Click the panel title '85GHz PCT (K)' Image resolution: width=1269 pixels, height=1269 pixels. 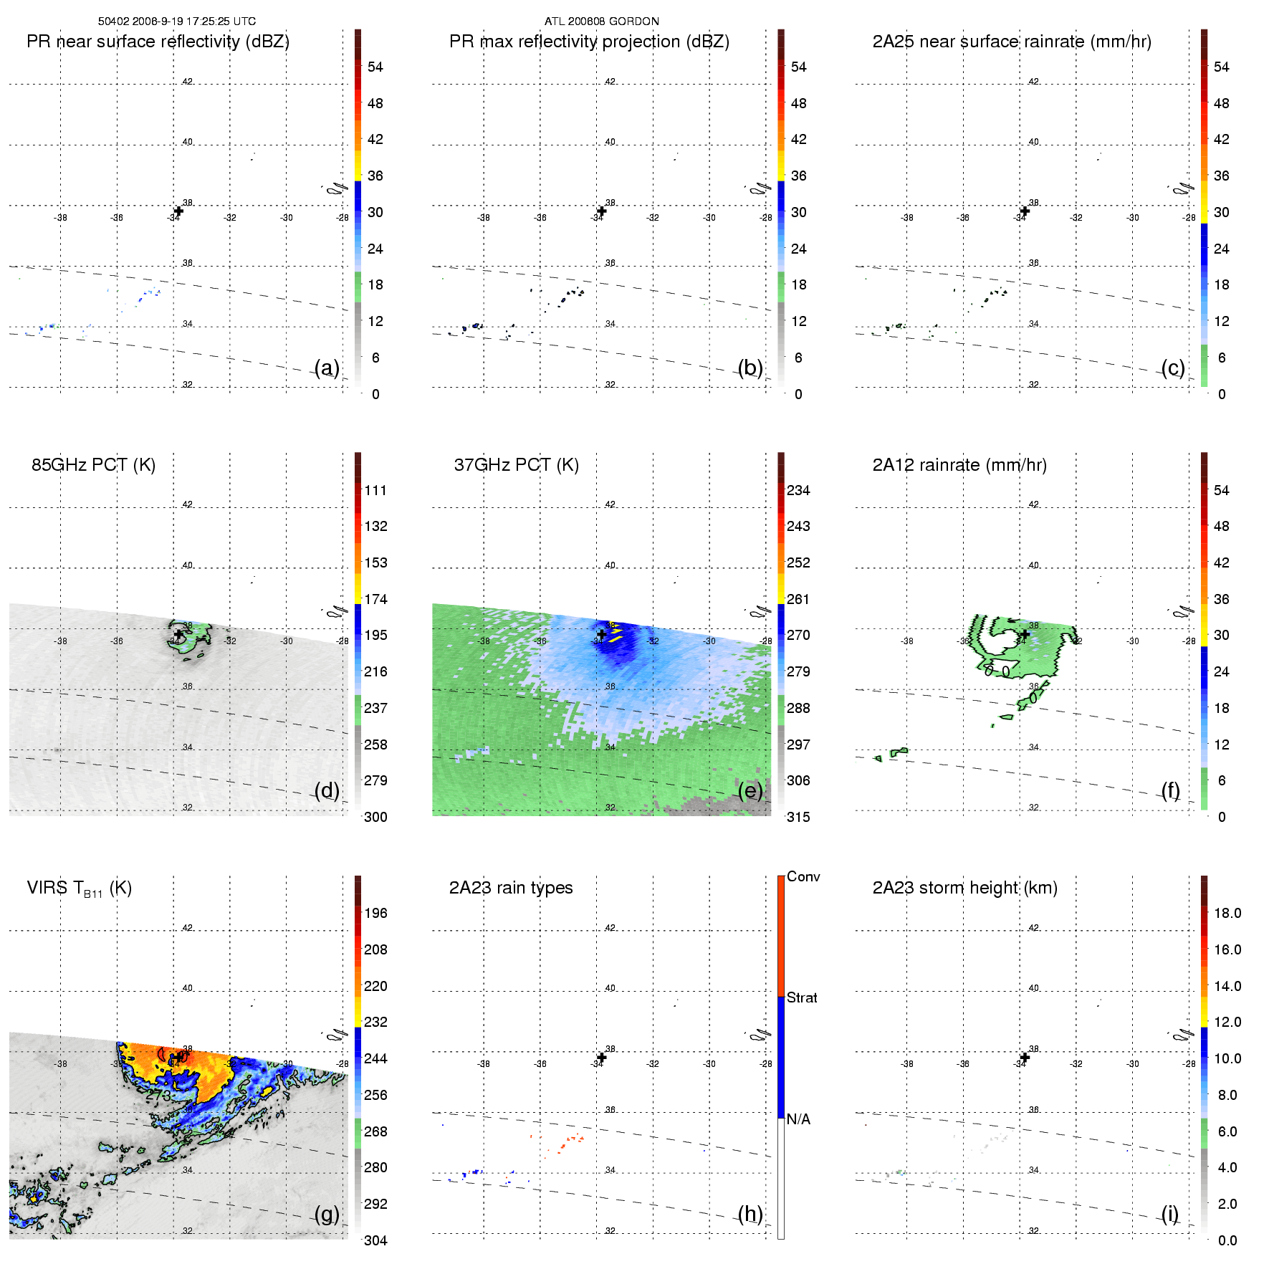pos(93,465)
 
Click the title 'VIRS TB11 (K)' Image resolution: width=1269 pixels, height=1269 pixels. pos(79,889)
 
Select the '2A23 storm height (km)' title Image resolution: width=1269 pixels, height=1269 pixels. pos(964,888)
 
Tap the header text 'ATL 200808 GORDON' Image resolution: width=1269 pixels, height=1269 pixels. pos(601,21)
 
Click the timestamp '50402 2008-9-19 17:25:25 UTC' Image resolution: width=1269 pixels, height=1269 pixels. pos(177,21)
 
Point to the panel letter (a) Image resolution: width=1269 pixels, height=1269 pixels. pos(327,368)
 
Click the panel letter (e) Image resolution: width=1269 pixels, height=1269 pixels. pos(750,790)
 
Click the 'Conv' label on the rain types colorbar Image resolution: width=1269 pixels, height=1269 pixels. pos(803,876)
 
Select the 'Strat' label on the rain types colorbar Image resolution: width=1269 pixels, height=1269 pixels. pos(802,997)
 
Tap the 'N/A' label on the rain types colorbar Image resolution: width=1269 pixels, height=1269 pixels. pos(798,1119)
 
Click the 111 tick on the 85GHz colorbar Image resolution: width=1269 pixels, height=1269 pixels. pos(375,490)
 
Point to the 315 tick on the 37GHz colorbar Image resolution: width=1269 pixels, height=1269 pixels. pos(798,817)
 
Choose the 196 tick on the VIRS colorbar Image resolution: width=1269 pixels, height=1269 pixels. pos(375,913)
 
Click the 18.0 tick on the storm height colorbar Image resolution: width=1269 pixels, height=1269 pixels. pos(1227,913)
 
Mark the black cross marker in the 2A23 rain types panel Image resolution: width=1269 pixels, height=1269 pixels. pos(602,1058)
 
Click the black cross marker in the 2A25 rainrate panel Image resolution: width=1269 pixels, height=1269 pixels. pos(1025,211)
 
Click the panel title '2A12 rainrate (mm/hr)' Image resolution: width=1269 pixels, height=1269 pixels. pos(959,465)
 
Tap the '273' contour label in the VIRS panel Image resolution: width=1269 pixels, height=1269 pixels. pos(158,1096)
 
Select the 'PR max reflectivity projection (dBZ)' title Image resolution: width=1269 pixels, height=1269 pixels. pos(589,42)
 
